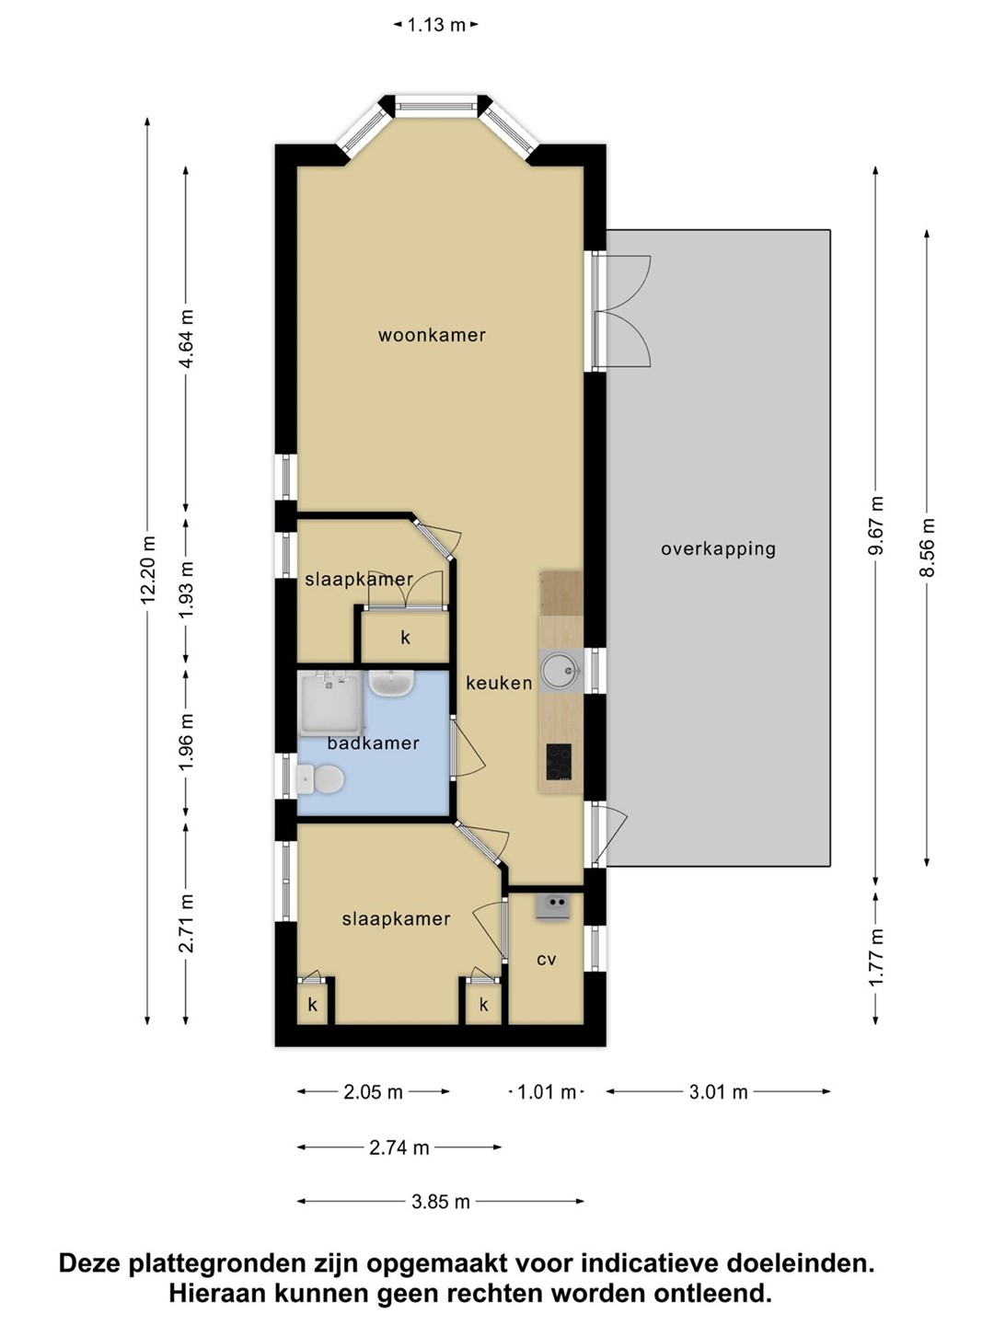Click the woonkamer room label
pos(432,335)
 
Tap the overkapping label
pos(718,549)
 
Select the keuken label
pos(499,683)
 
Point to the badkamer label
pos(373,743)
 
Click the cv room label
pos(546,959)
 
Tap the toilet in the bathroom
pos(320,779)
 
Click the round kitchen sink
pos(561,670)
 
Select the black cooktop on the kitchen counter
pos(559,761)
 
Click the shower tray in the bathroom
pos(329,705)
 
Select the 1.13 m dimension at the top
pos(435,26)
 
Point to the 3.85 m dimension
pos(441,1202)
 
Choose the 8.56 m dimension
pos(927,547)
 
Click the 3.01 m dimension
pos(718,1091)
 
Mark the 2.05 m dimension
pos(373,1091)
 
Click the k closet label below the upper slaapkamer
pos(406,638)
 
